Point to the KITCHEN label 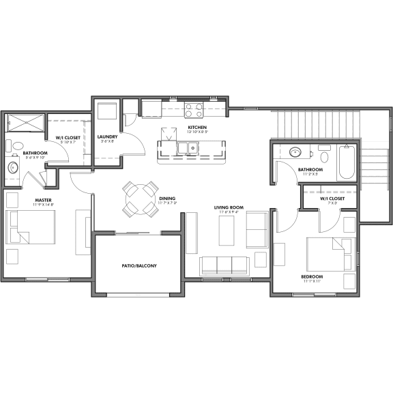tap(197, 128)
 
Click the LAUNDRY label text tap(108, 136)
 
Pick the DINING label tap(167, 199)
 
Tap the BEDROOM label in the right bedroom tap(312, 276)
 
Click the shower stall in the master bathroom tap(25, 123)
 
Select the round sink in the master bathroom tap(13, 166)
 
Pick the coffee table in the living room tap(227, 231)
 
